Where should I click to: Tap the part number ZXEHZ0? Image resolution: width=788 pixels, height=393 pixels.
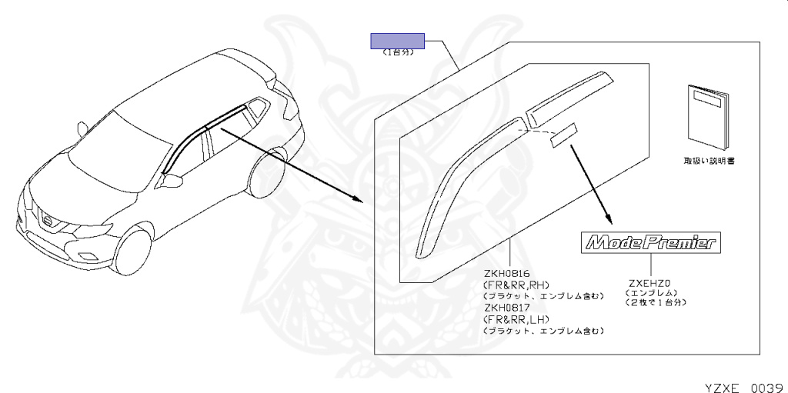point(649,282)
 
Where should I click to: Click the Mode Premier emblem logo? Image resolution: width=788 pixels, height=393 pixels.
point(650,243)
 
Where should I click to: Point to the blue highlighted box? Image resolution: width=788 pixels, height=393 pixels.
point(399,41)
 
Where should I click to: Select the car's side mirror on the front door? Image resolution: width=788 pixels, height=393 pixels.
point(173,181)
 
